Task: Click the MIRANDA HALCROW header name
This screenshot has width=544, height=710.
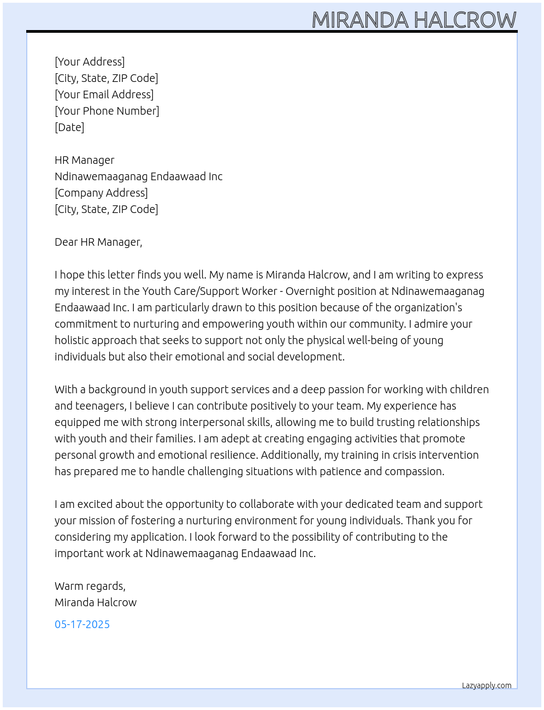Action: pos(413,20)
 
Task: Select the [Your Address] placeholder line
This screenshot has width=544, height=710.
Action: pos(90,62)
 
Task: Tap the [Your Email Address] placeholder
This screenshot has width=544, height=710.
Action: pos(104,94)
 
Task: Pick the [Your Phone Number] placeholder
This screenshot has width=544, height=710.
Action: pos(107,111)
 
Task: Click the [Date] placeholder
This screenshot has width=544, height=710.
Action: pos(69,127)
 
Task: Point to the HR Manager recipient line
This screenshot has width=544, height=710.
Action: pos(84,160)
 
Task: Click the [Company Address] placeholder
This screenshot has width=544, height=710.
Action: pos(101,193)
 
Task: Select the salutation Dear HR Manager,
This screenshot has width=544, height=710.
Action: pos(98,242)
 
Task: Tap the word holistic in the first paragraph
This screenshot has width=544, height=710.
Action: pos(73,340)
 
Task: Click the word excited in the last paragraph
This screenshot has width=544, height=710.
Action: pos(95,504)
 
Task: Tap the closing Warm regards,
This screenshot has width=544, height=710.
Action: pos(90,586)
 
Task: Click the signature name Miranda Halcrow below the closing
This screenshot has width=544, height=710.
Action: pos(96,602)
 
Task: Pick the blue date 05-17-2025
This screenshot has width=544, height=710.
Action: pos(82,624)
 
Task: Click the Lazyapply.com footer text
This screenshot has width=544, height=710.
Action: pos(487,685)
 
